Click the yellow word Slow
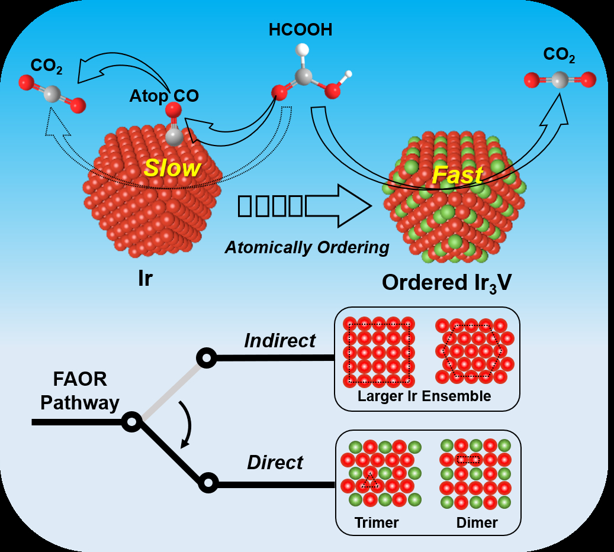click(172, 169)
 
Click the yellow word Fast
click(457, 175)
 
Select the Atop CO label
click(164, 96)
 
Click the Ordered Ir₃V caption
click(446, 282)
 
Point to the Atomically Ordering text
click(307, 247)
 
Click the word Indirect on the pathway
click(280, 341)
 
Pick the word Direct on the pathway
click(275, 462)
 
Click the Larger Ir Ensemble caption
click(424, 396)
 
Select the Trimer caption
click(377, 522)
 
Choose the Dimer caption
click(477, 522)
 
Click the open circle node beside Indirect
click(206, 358)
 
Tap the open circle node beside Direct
click(207, 483)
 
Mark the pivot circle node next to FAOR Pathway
click(131, 422)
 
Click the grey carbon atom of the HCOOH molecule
click(304, 76)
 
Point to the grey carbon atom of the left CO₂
click(52, 93)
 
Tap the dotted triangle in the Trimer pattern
click(370, 480)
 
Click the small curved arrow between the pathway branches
click(187, 424)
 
